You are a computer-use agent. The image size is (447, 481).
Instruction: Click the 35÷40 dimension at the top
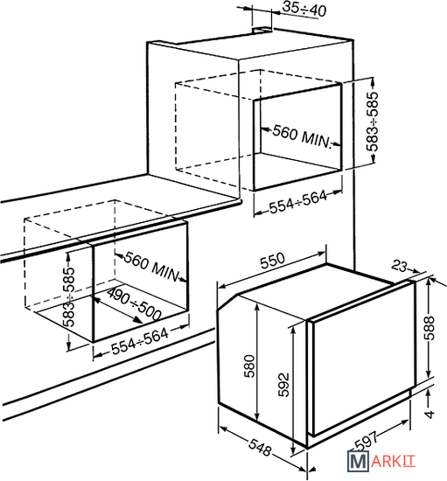tap(304, 9)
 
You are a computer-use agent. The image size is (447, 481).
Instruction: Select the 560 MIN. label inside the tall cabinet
tap(302, 136)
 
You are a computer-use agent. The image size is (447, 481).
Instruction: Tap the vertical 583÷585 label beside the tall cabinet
tap(373, 122)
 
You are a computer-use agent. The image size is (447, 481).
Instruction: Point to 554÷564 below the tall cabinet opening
tap(298, 202)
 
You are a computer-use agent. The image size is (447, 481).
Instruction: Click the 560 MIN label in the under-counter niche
tap(152, 267)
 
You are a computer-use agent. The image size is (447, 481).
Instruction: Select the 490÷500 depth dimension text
tap(135, 304)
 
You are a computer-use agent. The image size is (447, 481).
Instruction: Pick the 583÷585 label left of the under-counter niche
tap(69, 297)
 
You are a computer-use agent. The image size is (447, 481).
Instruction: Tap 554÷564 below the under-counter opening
tap(140, 341)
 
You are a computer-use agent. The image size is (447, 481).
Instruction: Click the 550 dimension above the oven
tap(272, 261)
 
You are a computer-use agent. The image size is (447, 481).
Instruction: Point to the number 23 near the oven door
tap(399, 266)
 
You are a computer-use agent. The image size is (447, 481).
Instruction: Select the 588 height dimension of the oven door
tap(430, 328)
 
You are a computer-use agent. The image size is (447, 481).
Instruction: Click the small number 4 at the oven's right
tap(430, 415)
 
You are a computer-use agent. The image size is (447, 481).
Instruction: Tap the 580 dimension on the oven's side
tap(249, 366)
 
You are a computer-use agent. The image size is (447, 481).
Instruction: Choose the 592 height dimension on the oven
tap(283, 385)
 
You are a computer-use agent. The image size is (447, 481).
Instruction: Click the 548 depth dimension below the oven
tap(260, 447)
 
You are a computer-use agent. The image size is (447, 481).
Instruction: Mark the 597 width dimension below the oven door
tap(366, 441)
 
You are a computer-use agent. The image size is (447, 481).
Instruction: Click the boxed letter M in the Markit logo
tap(358, 461)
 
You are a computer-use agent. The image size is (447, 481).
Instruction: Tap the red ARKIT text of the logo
tap(393, 462)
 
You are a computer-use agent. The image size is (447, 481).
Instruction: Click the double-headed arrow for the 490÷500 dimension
tap(116, 310)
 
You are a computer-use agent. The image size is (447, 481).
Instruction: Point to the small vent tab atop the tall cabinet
tap(262, 30)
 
